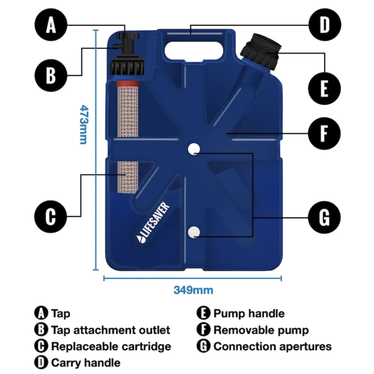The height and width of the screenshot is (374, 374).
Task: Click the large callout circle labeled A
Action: point(52,25)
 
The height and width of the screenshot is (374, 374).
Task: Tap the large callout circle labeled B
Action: point(52,75)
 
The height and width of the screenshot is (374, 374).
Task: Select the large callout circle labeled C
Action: point(52,216)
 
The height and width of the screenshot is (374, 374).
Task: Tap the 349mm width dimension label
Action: point(193,289)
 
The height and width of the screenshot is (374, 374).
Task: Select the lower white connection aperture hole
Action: point(194,232)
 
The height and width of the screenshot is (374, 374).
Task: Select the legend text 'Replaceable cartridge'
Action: point(110,346)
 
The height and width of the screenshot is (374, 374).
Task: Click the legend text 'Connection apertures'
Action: point(272,346)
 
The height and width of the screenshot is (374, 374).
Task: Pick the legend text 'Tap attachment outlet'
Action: point(110,330)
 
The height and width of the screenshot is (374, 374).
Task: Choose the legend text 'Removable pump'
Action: point(261,330)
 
